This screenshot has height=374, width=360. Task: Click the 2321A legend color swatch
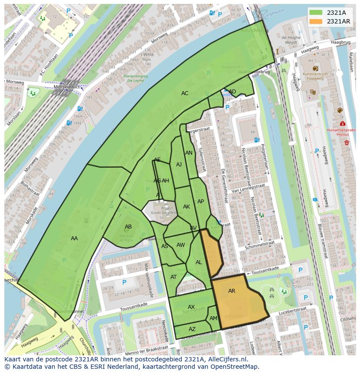[x=316, y=13]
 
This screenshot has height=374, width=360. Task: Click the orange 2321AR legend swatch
[x=316, y=21]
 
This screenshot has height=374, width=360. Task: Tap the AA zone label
[x=74, y=238]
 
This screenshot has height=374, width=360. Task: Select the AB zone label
[x=128, y=227]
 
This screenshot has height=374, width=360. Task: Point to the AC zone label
[x=185, y=93]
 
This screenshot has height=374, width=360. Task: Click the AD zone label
[x=232, y=91]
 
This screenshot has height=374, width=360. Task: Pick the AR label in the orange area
[x=232, y=291]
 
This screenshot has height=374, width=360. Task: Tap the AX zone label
[x=191, y=307]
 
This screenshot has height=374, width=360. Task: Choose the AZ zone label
[x=192, y=329]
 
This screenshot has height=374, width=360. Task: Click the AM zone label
[x=213, y=318]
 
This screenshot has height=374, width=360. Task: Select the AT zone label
[x=173, y=277]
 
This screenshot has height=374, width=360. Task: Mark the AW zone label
[x=180, y=245]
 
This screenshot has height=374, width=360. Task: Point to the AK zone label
[x=187, y=207]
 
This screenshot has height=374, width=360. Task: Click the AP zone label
[x=200, y=201]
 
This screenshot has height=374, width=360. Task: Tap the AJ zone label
[x=179, y=165]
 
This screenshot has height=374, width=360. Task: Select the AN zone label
[x=189, y=153]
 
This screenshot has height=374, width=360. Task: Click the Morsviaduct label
[x=65, y=86]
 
